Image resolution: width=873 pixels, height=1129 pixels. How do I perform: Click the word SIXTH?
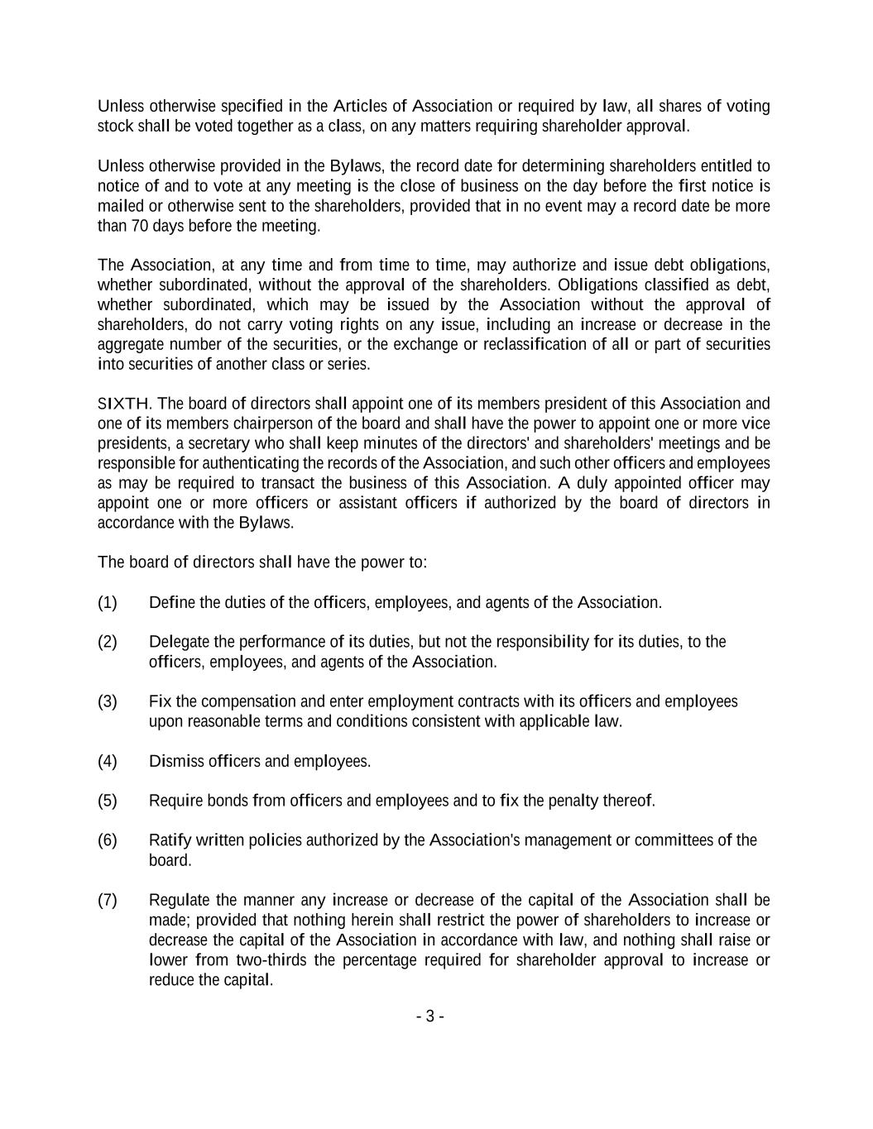(x=123, y=404)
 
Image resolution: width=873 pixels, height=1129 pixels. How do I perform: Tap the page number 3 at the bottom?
(x=430, y=1017)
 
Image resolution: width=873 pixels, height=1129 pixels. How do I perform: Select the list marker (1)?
(x=108, y=602)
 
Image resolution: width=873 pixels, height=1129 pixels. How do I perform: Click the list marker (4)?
(x=108, y=761)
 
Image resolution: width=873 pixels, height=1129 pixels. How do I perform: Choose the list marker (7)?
(x=108, y=900)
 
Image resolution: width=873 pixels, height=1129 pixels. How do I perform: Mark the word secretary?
(x=207, y=443)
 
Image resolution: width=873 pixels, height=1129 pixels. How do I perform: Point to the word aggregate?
(x=131, y=344)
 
